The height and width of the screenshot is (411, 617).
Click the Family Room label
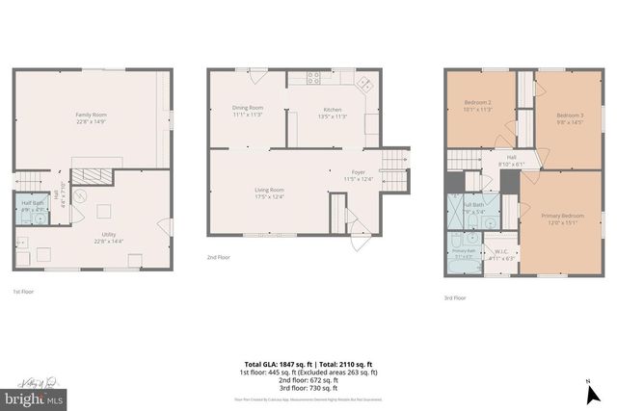point(92,115)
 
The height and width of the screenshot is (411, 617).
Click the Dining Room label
point(248,108)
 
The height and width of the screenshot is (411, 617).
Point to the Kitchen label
point(333,109)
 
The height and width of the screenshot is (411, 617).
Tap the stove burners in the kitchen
point(313,76)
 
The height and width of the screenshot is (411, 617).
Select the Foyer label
point(359,172)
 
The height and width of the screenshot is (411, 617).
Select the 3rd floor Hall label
point(511,159)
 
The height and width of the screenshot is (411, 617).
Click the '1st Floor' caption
point(23,291)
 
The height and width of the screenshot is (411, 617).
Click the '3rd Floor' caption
point(455,298)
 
